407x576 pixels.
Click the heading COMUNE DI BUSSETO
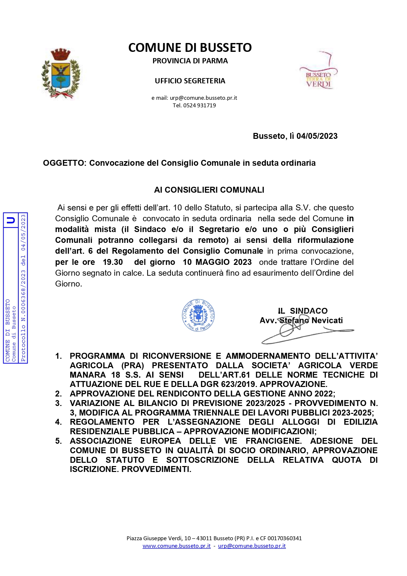pos(190,48)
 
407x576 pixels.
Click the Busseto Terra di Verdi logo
pos(318,74)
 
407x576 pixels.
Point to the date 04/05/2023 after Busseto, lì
pos(317,136)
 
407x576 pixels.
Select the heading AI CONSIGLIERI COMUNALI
pos(209,190)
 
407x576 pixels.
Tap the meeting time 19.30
pos(113,262)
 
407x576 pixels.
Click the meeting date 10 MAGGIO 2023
pos(217,262)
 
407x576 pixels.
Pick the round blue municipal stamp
pos(198,315)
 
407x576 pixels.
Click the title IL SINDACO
pos(302,311)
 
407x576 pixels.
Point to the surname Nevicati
pos(327,320)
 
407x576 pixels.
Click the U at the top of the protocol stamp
pos(11,220)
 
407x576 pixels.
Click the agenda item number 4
pos(58,422)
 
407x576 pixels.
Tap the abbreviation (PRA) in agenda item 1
pos(132,366)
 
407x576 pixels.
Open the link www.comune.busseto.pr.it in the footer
pos(176,546)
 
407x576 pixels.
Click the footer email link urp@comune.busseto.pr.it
pos(252,546)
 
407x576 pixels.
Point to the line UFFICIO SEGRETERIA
pos(190,81)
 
